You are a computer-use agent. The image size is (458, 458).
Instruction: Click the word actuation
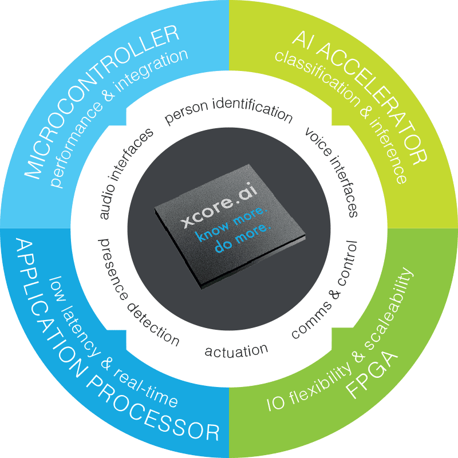[236, 350]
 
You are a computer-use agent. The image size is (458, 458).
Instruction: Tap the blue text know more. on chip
[232, 226]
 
